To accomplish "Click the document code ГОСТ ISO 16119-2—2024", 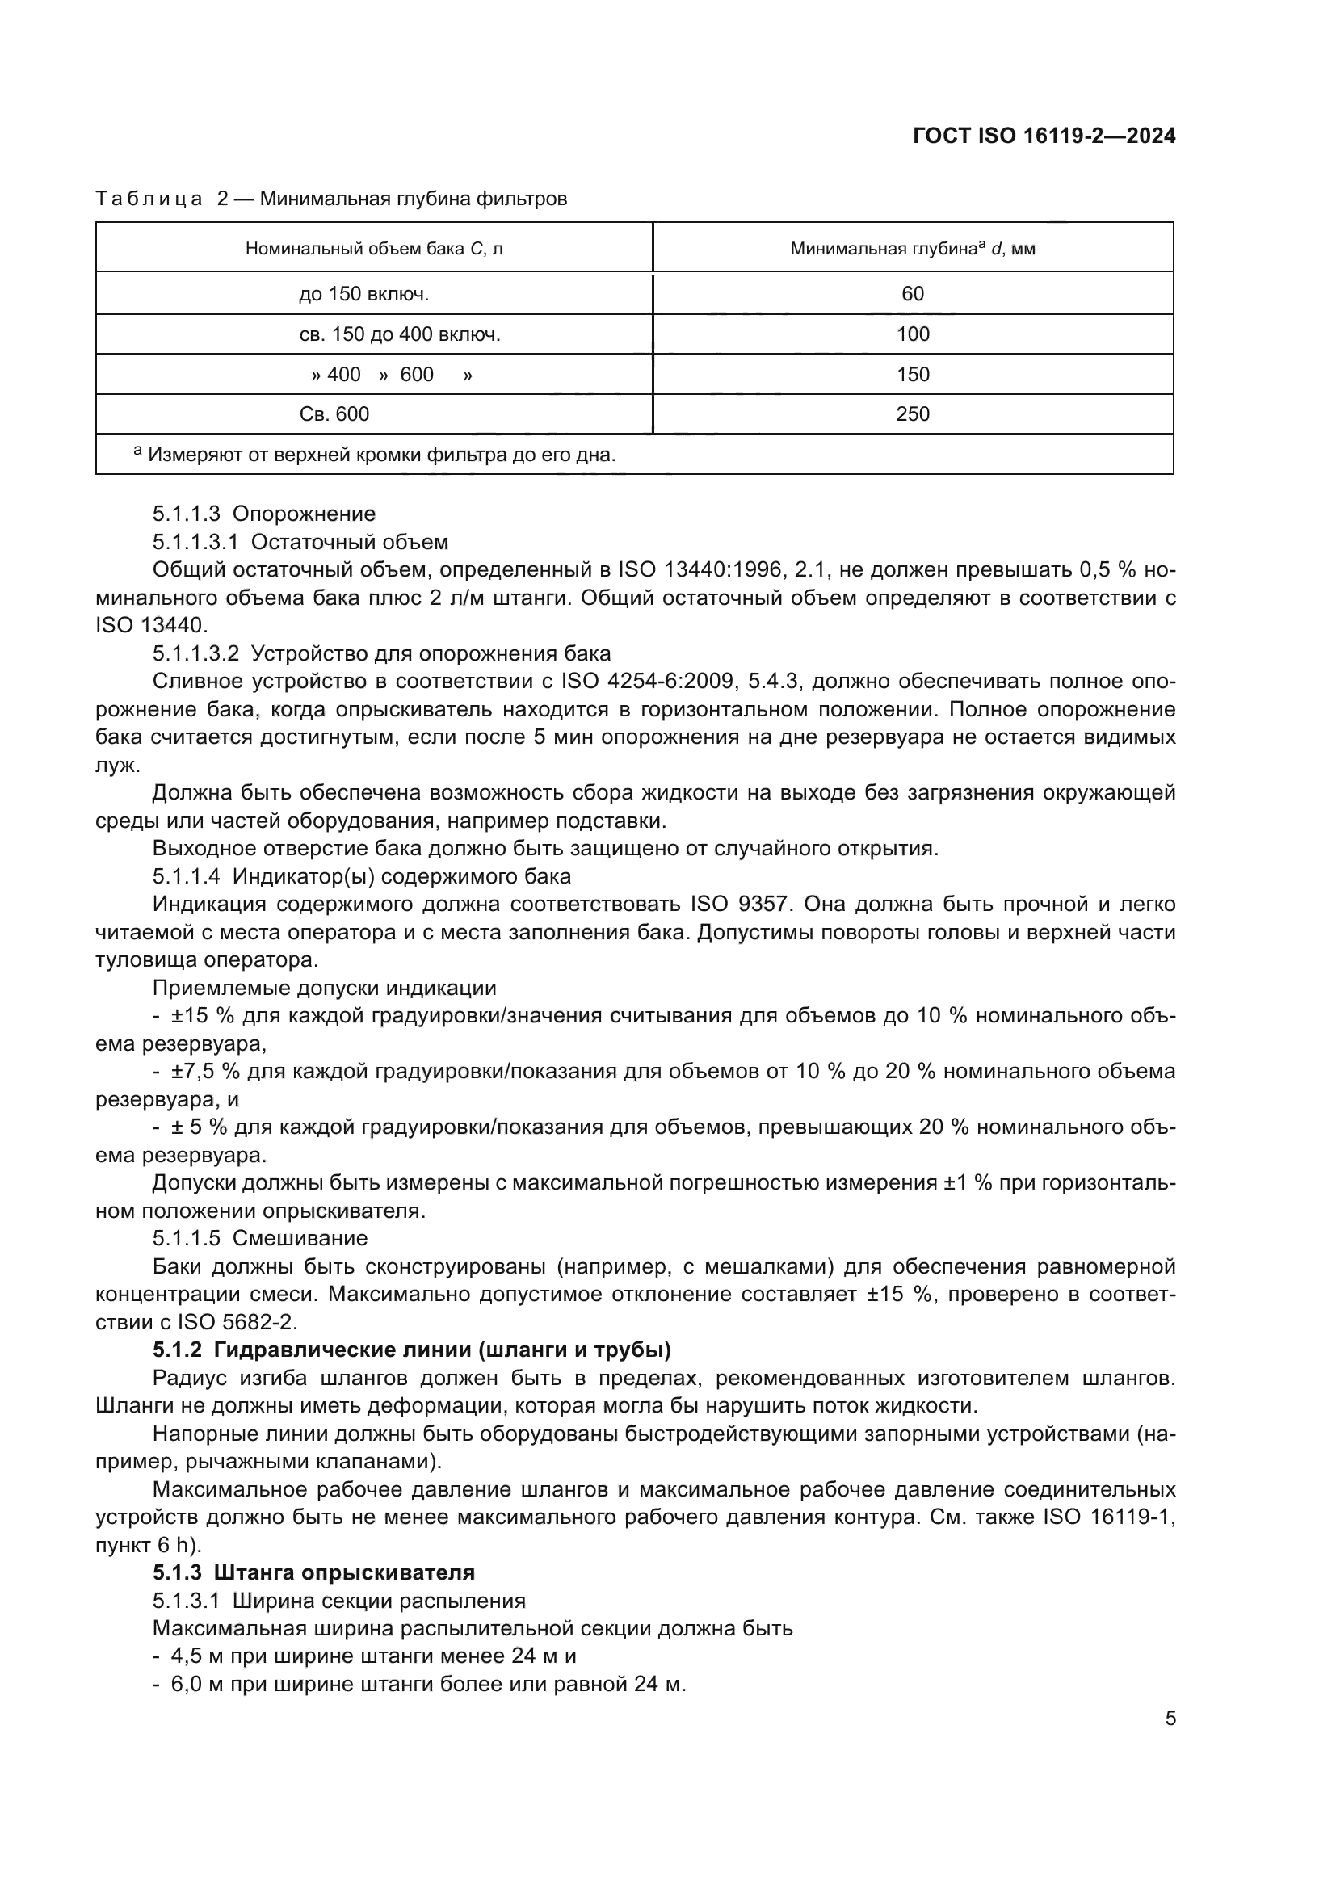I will [1044, 136].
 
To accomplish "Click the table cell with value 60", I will [912, 294].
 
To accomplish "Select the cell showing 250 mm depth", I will [912, 413].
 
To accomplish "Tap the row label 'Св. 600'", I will [334, 413].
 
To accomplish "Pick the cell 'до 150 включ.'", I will [363, 294].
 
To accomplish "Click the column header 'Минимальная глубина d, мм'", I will [912, 249].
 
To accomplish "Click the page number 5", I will [1170, 1719].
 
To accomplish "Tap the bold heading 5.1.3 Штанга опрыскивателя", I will [313, 1572].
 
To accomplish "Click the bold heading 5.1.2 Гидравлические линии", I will [411, 1350].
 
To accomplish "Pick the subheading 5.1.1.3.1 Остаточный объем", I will [300, 542].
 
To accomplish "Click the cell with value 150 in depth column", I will [912, 375].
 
